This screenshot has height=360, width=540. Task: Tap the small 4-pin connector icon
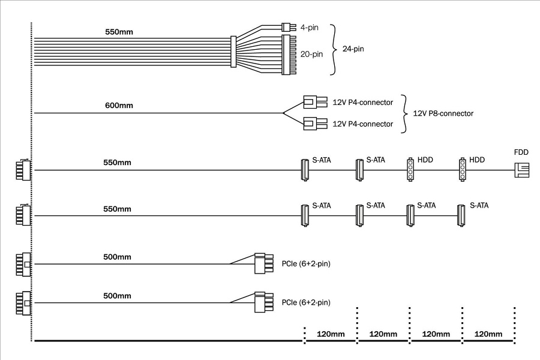[286, 27]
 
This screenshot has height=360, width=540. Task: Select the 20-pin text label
[311, 54]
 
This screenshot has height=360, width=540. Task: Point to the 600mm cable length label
[119, 106]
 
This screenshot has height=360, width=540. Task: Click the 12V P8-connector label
[443, 113]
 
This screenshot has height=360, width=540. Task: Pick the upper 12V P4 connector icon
[314, 101]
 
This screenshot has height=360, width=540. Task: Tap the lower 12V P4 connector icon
[314, 124]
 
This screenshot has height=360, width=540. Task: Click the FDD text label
[521, 152]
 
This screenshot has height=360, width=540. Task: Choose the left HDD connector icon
[410, 170]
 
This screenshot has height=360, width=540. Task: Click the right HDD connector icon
[463, 170]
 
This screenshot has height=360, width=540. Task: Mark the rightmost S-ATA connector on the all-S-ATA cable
[461, 215]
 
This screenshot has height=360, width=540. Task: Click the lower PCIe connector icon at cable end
[260, 302]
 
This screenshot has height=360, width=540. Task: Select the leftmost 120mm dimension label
[331, 334]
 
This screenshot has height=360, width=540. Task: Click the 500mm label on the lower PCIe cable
[117, 296]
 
